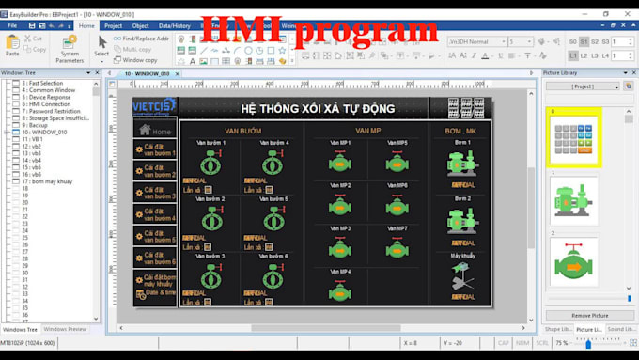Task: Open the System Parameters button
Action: pos(69,49)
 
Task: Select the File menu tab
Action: pos(12,26)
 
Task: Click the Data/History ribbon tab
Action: pos(174,26)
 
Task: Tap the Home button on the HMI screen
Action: pos(156,132)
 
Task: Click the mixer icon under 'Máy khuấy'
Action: pos(462,276)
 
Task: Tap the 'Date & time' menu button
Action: pos(156,293)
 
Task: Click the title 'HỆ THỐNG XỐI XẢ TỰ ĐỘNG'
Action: pos(304,109)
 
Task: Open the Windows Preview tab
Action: pos(65,329)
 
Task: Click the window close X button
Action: pos(627,14)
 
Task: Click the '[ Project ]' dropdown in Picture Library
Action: pos(583,86)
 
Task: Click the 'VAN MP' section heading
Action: pos(367,130)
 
